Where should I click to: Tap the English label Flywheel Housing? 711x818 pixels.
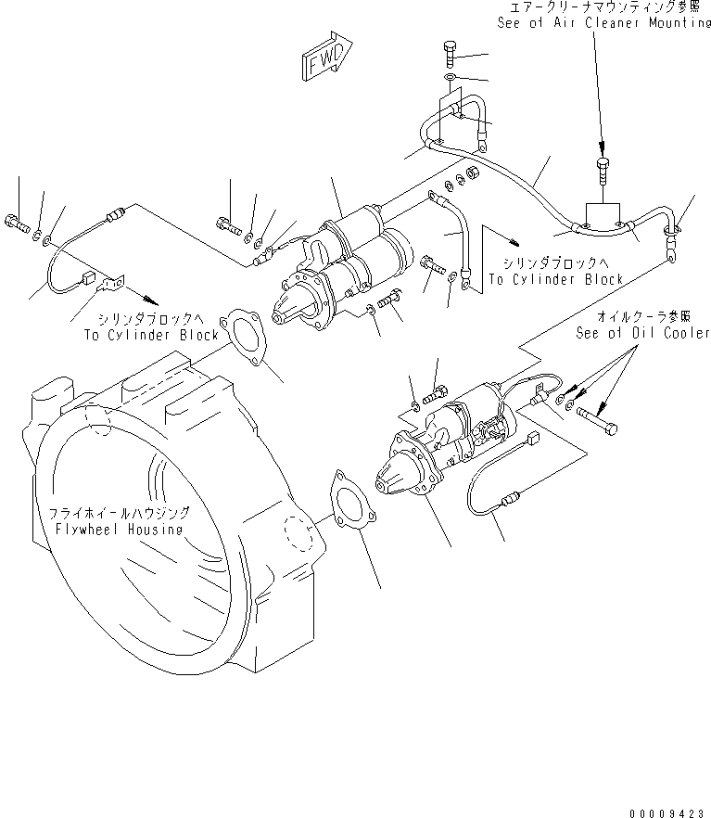117,529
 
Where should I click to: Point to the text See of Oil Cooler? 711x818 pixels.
642,332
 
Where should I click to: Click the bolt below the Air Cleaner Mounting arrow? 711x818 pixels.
603,171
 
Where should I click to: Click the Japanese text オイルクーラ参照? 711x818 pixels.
657,316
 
